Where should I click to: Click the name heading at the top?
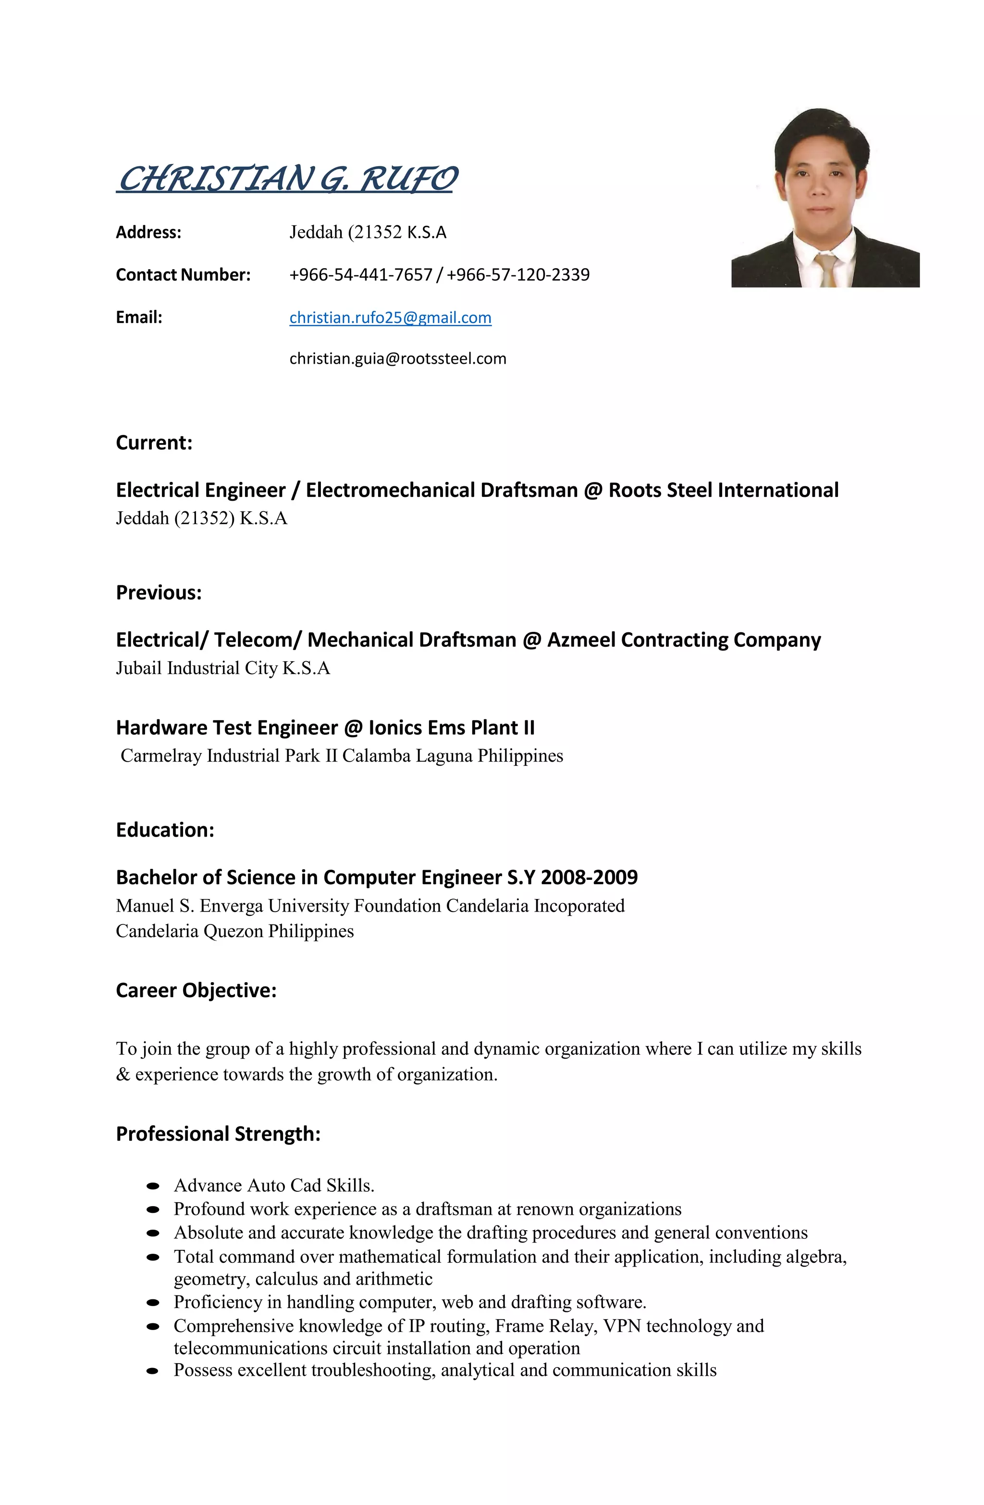(286, 178)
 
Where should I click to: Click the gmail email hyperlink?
(390, 318)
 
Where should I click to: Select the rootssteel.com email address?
(398, 358)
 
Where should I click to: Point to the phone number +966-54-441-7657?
(360, 275)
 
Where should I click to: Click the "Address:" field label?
(148, 233)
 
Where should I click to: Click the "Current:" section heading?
(154, 443)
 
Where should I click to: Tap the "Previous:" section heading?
(159, 592)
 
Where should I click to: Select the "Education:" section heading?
(165, 830)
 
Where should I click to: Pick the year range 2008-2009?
(590, 878)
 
